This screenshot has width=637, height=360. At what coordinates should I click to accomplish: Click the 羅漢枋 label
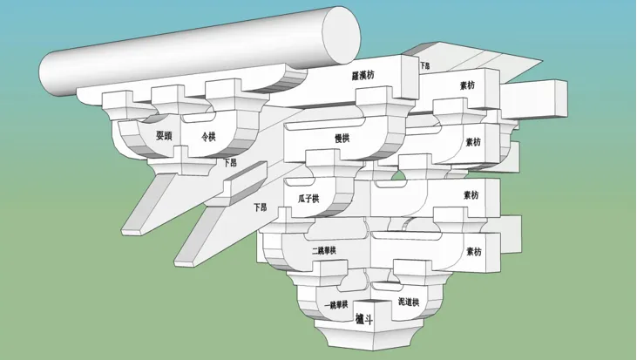pos(363,76)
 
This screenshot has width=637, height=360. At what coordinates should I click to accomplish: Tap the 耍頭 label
pos(164,136)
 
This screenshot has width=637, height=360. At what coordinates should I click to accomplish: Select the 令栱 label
pos(208,136)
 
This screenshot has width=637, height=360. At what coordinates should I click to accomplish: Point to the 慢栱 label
pos(342,138)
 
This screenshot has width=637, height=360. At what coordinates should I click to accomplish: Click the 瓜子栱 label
pos(309,199)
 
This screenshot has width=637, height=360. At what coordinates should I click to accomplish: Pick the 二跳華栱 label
pos(323,251)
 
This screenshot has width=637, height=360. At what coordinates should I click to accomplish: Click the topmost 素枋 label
pos(468,85)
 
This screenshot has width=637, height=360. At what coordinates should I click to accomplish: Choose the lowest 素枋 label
pos(472,252)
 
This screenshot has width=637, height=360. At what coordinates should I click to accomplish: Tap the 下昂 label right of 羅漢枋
pos(425,65)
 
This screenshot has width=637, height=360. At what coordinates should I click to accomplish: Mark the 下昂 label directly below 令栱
pos(229,162)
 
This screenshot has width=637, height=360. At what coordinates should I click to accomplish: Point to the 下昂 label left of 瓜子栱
pos(260,207)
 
